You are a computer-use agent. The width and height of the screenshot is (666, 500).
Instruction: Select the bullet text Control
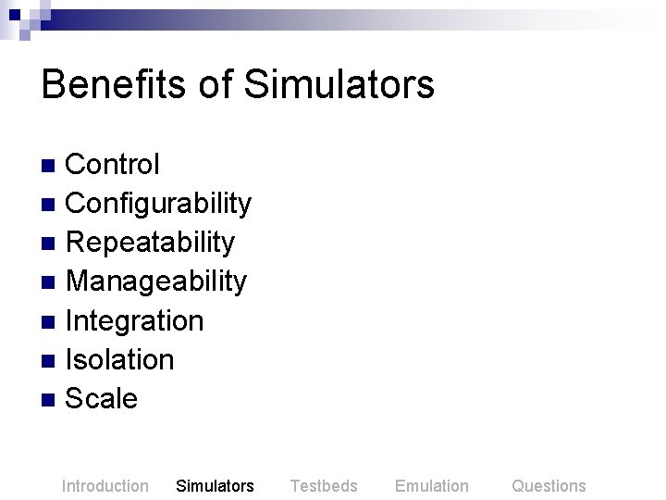tap(113, 165)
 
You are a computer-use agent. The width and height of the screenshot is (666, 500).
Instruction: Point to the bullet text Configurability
tap(158, 204)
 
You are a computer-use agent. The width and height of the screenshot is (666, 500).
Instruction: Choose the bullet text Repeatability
tap(150, 243)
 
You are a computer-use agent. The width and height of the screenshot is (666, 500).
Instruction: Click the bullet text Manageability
tap(156, 281)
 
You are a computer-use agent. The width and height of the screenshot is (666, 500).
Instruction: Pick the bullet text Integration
tap(134, 321)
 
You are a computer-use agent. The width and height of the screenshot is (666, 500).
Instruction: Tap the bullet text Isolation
tap(119, 360)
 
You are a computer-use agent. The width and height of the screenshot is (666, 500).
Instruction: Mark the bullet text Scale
tap(102, 399)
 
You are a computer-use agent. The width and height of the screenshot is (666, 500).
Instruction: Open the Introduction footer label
tap(105, 486)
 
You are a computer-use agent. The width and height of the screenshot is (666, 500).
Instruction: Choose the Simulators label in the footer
tap(215, 486)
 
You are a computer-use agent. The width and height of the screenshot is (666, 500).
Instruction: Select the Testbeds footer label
tap(324, 486)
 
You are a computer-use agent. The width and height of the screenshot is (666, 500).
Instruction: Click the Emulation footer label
tap(431, 486)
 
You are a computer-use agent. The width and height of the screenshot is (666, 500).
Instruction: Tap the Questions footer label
tap(549, 486)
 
